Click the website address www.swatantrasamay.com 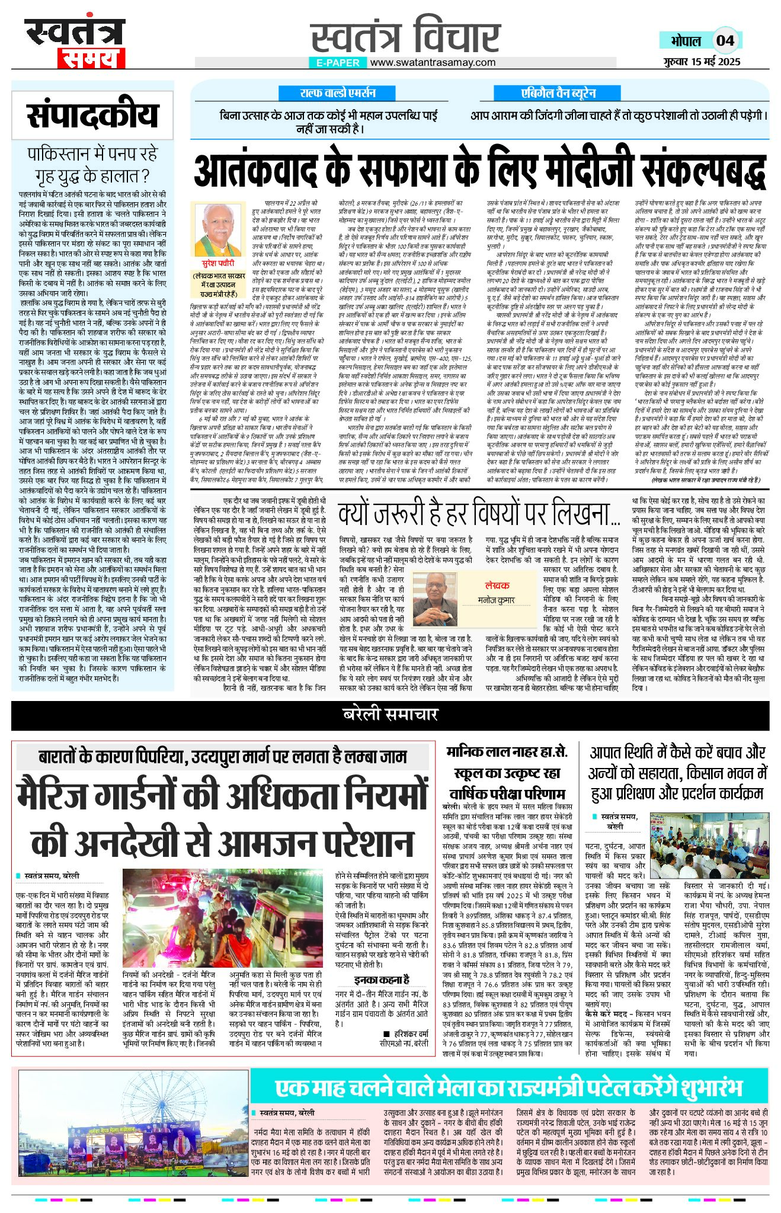(433, 62)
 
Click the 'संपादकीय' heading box (93, 115)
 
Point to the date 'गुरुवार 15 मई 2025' (702, 62)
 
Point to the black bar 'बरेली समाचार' (390, 715)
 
